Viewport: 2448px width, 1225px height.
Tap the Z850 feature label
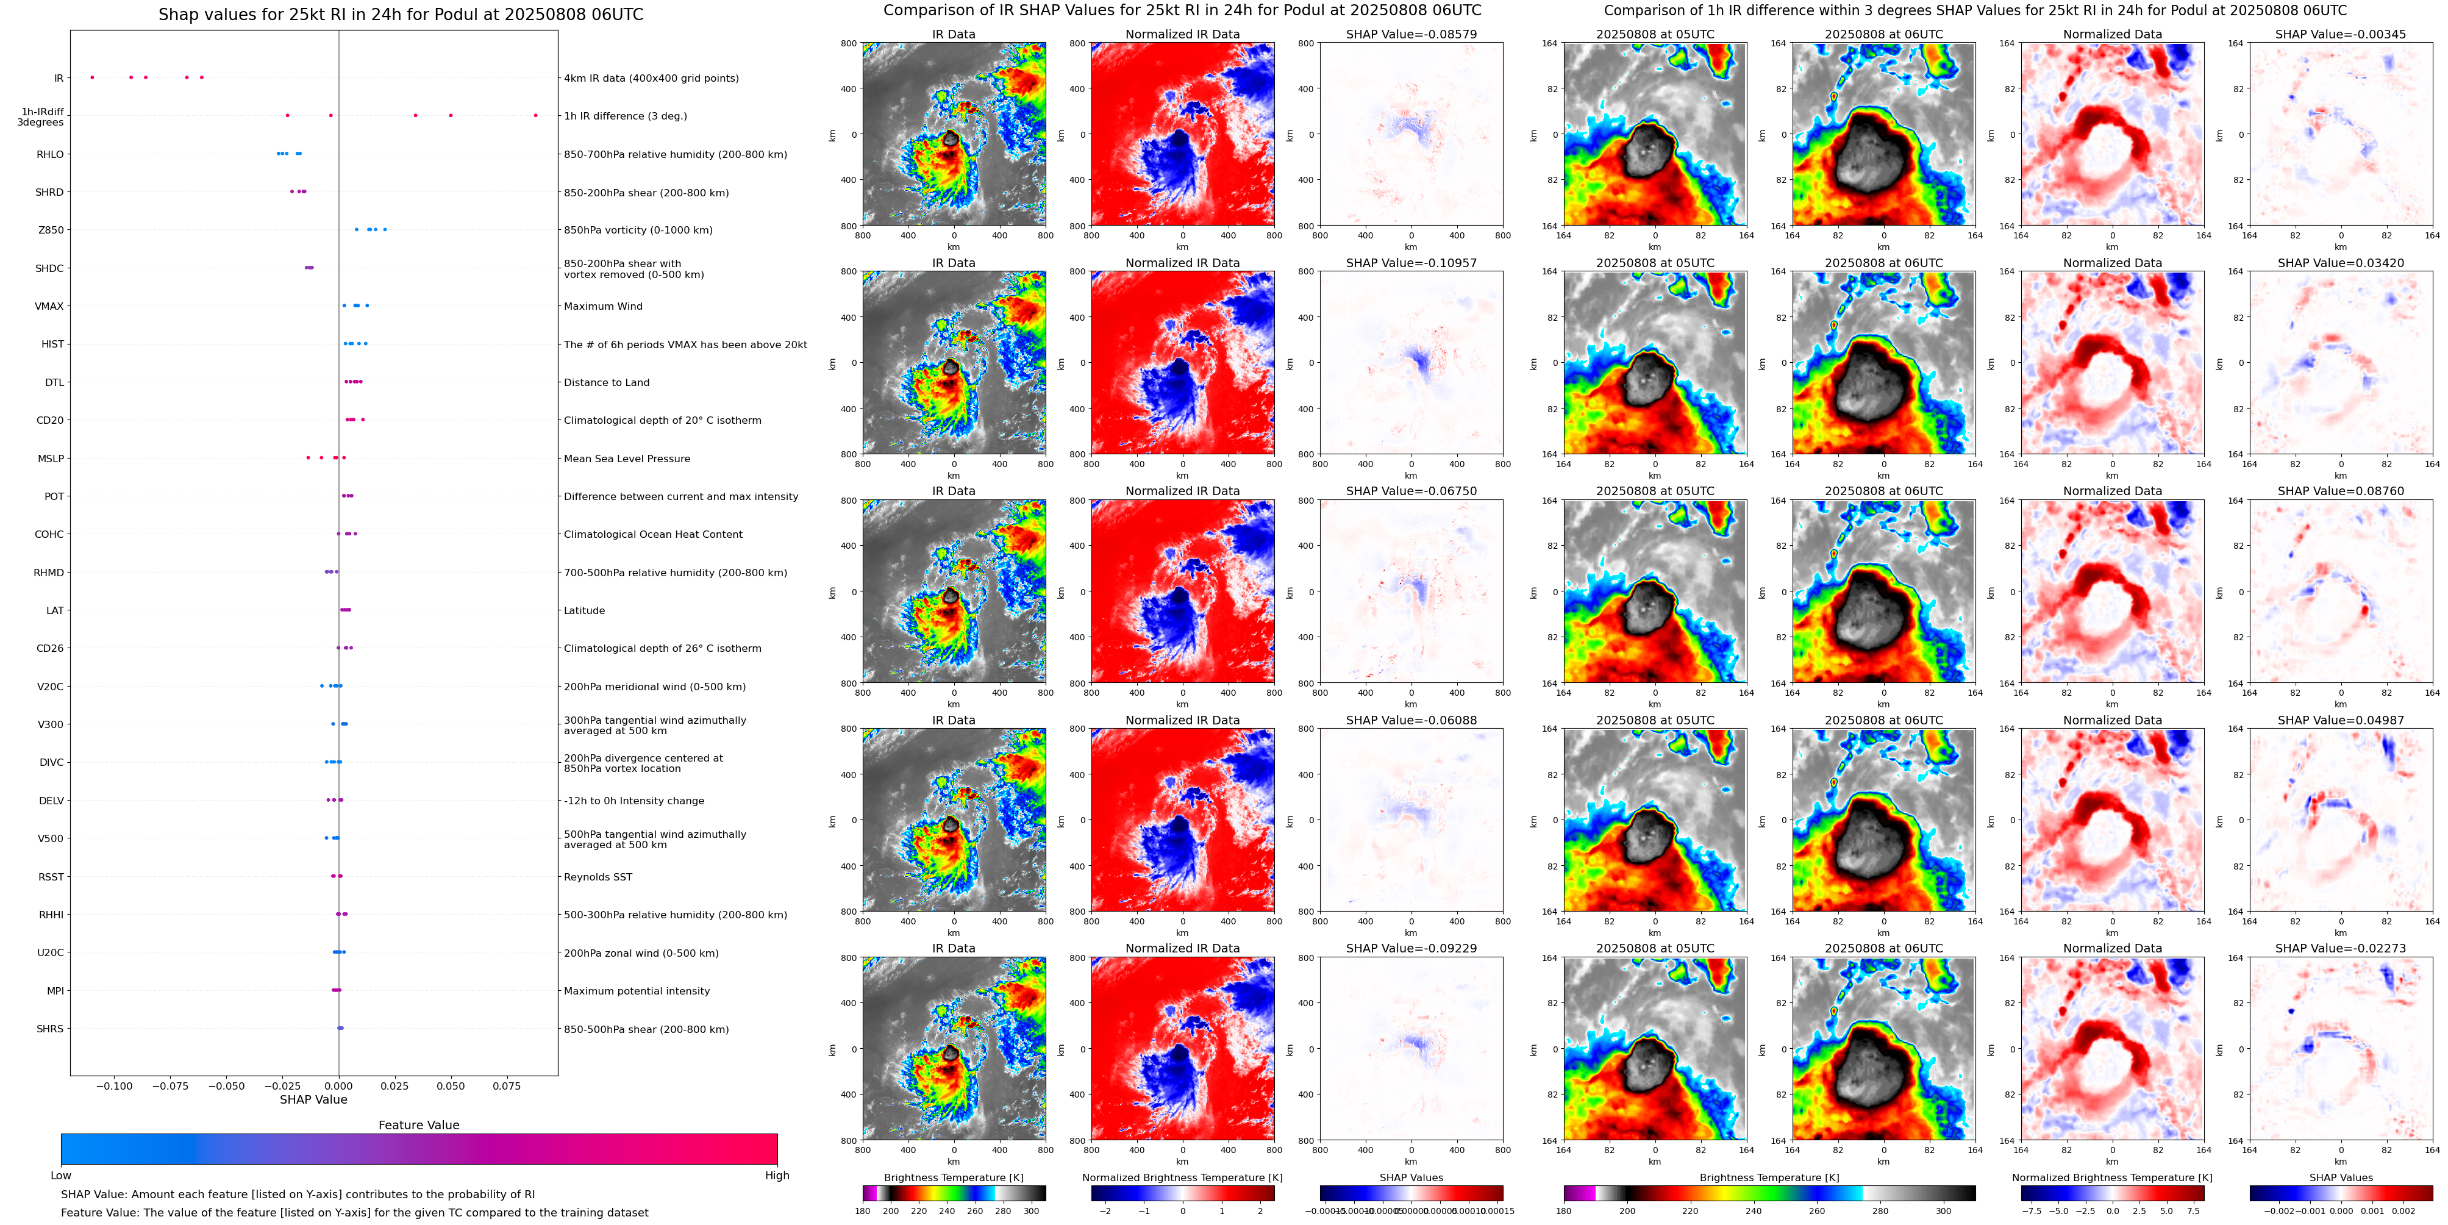(51, 230)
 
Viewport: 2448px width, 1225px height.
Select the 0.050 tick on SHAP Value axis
(451, 1085)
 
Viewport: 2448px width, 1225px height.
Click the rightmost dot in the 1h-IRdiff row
(536, 115)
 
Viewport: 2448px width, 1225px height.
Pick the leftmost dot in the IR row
(92, 77)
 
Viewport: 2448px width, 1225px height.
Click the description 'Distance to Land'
(606, 382)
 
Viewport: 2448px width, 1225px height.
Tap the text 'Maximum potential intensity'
(637, 990)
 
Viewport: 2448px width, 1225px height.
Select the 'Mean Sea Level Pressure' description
(627, 458)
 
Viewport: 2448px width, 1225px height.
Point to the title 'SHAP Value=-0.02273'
(2341, 948)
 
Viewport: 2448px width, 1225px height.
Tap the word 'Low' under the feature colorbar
(61, 1176)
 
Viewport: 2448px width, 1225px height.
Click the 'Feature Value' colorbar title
(419, 1125)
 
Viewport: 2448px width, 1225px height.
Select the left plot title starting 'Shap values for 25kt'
(400, 14)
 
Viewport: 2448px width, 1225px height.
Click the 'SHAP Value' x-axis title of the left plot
(313, 1099)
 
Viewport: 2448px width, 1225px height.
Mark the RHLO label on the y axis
(51, 154)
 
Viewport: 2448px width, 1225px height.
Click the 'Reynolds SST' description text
(598, 876)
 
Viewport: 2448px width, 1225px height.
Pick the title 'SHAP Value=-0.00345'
(2341, 34)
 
